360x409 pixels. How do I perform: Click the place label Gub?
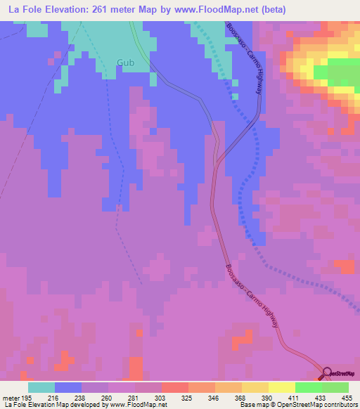tap(125, 63)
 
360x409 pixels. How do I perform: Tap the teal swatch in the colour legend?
tap(41, 387)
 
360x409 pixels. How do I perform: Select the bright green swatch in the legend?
tap(308, 387)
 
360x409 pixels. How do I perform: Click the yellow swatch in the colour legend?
tap(281, 387)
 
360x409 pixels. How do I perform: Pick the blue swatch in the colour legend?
tap(68, 387)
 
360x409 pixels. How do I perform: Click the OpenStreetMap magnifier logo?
tap(328, 373)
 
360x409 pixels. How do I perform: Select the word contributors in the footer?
tap(340, 405)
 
